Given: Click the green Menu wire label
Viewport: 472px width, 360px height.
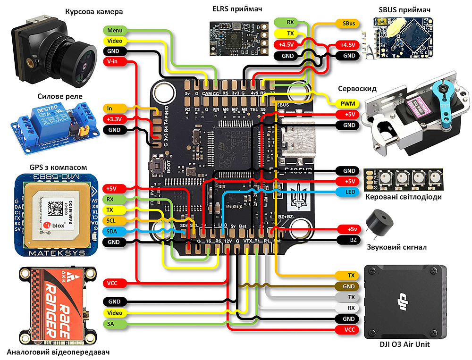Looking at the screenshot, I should tap(115, 30).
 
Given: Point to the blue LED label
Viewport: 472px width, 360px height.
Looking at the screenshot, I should tap(349, 192).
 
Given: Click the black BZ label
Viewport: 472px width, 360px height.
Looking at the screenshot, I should tap(352, 240).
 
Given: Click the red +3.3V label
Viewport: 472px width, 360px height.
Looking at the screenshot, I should tap(115, 118).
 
